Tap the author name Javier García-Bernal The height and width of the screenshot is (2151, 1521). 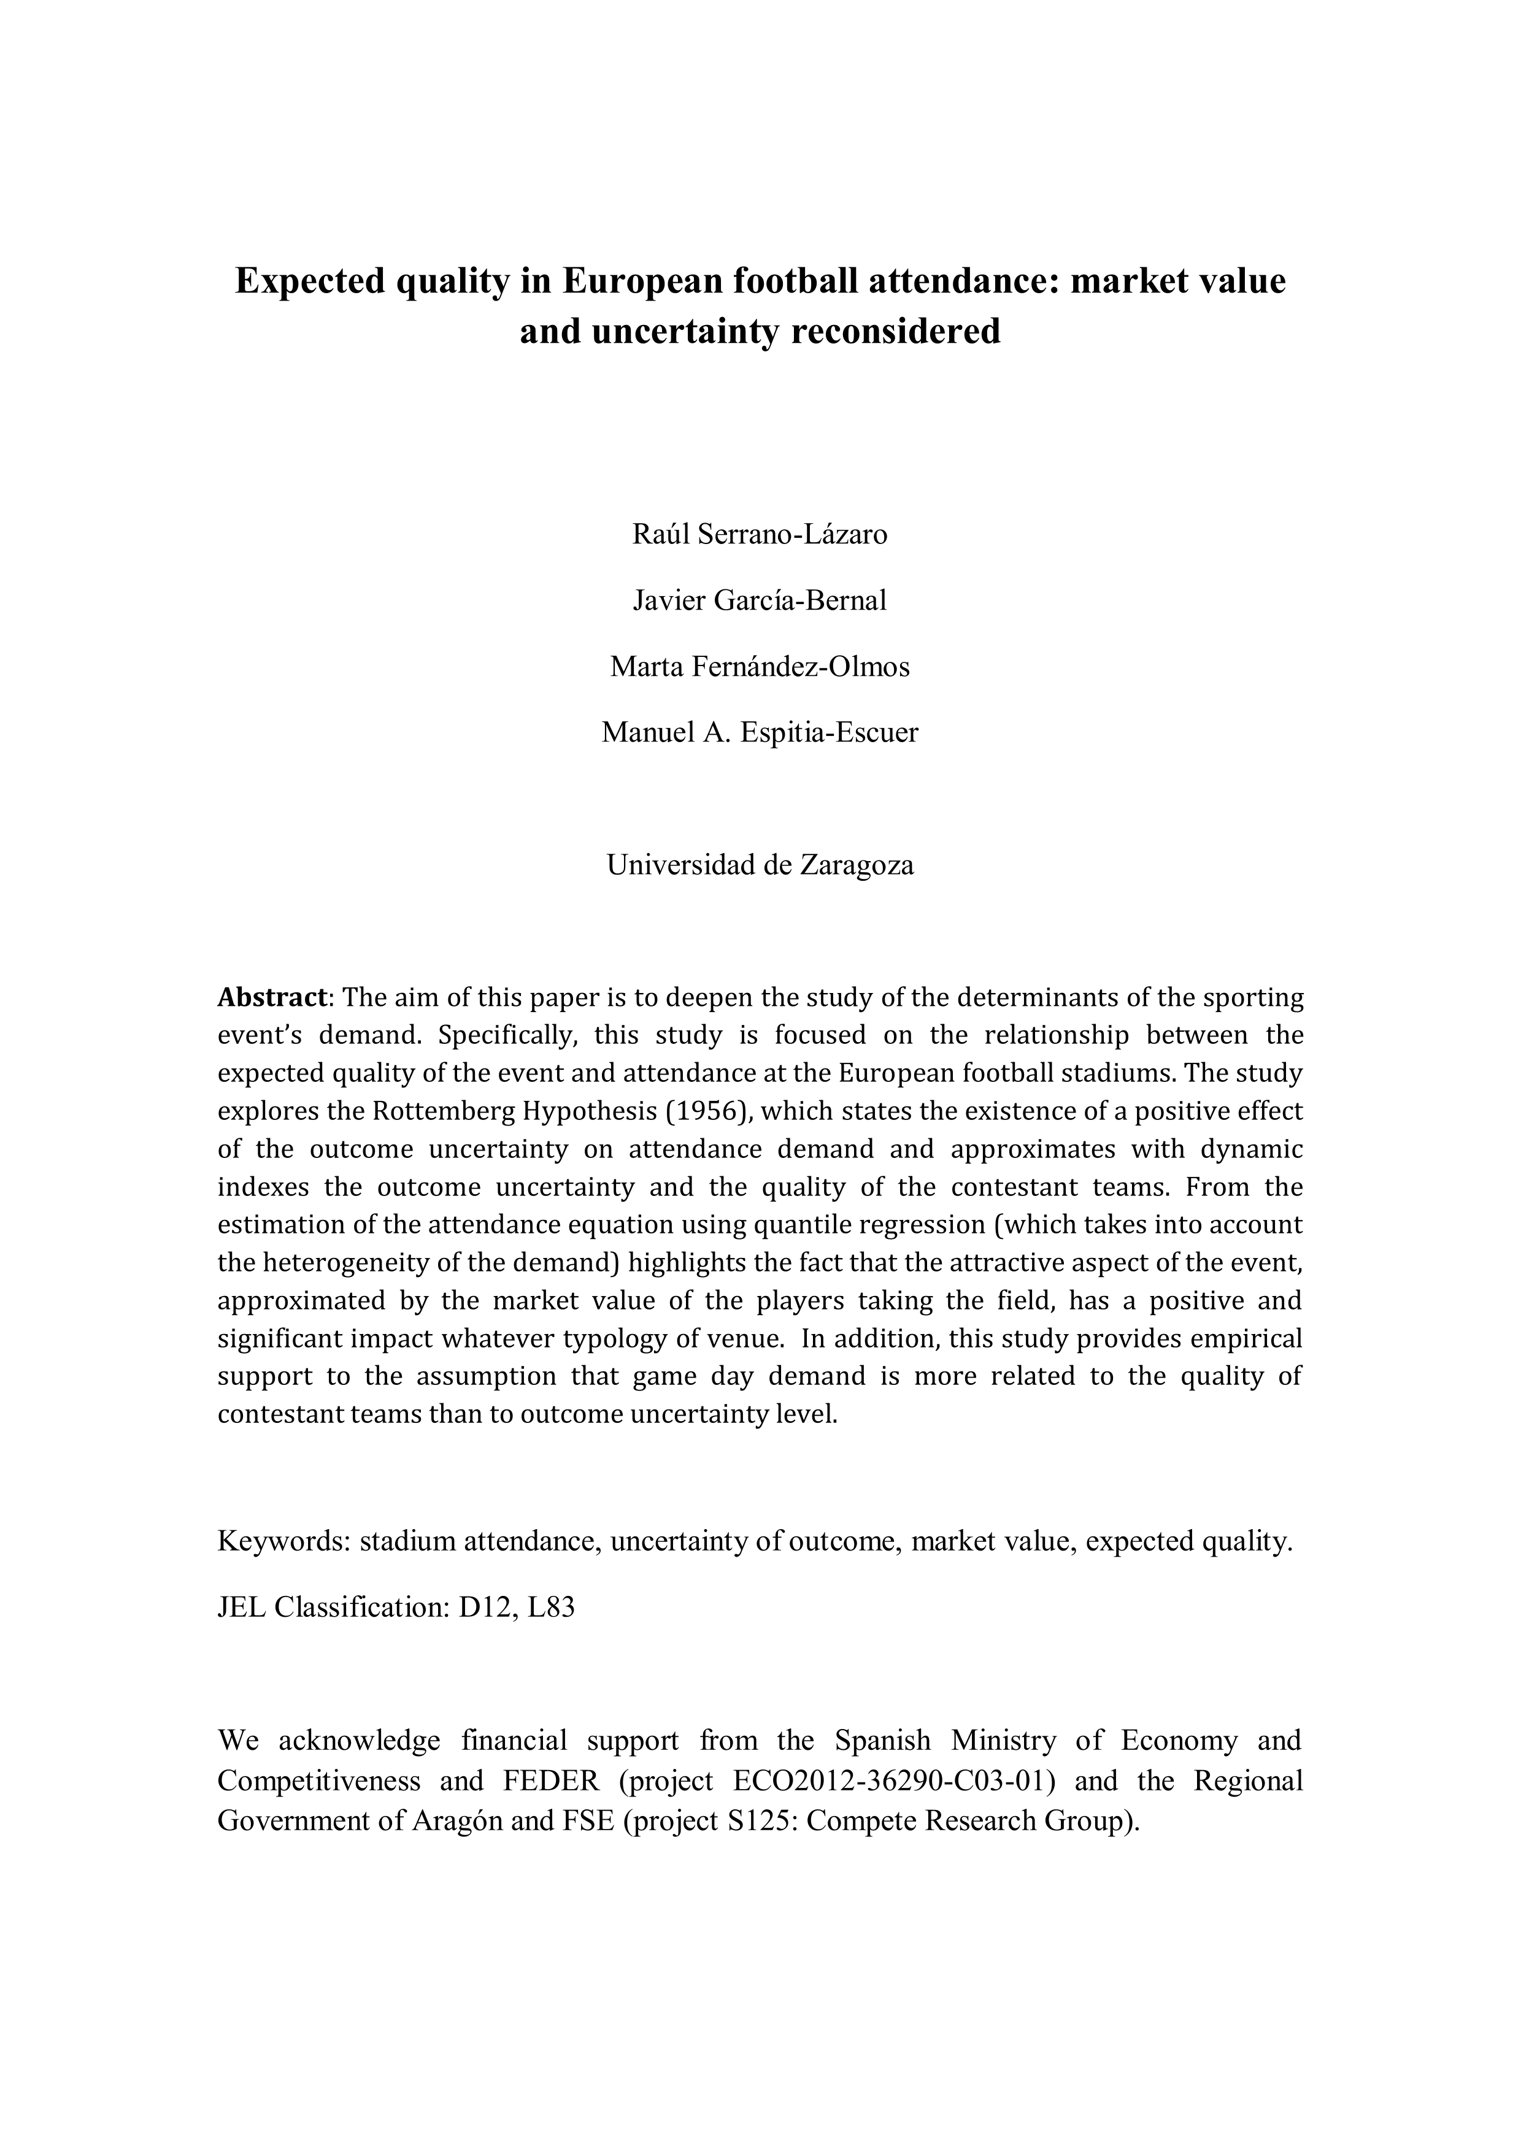tap(760, 600)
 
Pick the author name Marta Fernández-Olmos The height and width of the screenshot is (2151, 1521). tap(760, 667)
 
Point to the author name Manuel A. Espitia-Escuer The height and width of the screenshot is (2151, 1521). tap(760, 732)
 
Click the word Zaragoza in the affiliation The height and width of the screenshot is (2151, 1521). tap(856, 865)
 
